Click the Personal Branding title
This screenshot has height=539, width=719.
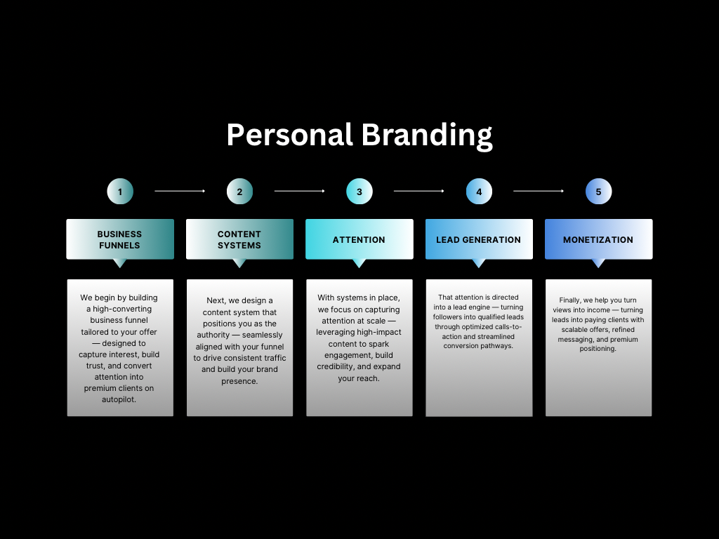tap(359, 135)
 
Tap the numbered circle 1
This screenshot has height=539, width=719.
tap(120, 192)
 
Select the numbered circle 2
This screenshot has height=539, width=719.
tap(239, 192)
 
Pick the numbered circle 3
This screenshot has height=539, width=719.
tap(359, 192)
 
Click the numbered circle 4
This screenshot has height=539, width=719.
tap(479, 192)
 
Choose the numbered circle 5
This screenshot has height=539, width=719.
tap(598, 192)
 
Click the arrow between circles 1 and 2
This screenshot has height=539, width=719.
tap(180, 191)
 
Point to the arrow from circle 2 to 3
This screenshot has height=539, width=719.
tap(299, 191)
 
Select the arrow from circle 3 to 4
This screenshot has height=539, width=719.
tap(419, 191)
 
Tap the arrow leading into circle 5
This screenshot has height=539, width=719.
tap(539, 191)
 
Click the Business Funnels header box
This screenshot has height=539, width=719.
tap(120, 239)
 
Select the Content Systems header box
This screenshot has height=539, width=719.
tap(239, 239)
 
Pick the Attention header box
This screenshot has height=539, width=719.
tap(359, 239)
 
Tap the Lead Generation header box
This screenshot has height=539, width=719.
tap(479, 239)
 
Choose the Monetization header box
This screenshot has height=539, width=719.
tap(598, 239)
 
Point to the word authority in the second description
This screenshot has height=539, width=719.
tap(213, 335)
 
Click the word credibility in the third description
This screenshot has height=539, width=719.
tap(341, 367)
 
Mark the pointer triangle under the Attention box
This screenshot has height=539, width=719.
tap(359, 263)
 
